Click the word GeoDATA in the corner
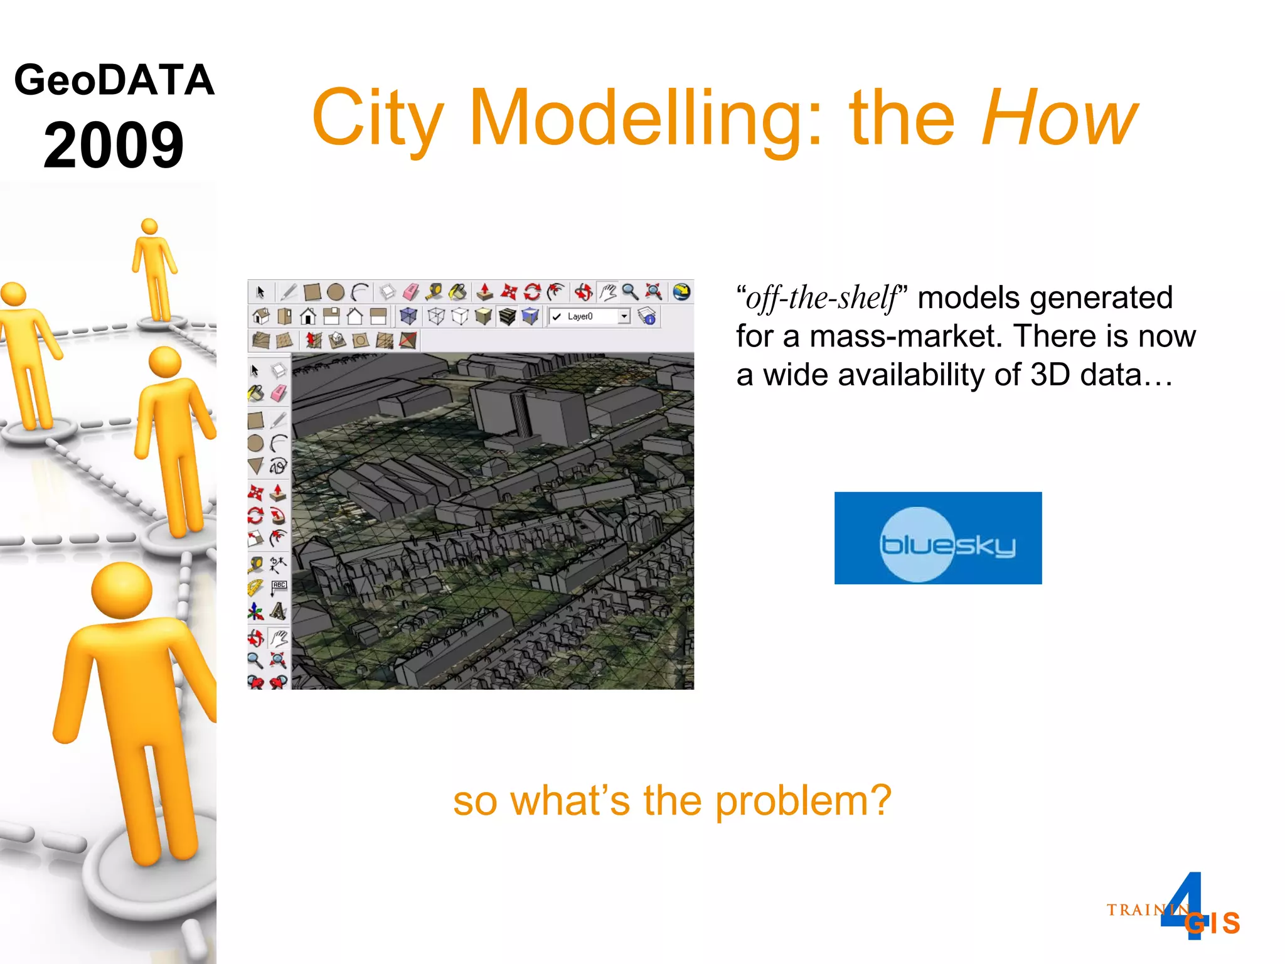pyautogui.click(x=114, y=80)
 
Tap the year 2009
pyautogui.click(x=114, y=145)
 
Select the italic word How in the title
pyautogui.click(x=1059, y=117)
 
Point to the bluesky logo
pyautogui.click(x=937, y=538)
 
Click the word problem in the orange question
pyautogui.click(x=803, y=801)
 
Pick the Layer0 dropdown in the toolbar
pyautogui.click(x=590, y=316)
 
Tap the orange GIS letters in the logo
pyautogui.click(x=1213, y=923)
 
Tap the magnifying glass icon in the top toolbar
pyautogui.click(x=630, y=292)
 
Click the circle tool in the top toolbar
pyautogui.click(x=336, y=292)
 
